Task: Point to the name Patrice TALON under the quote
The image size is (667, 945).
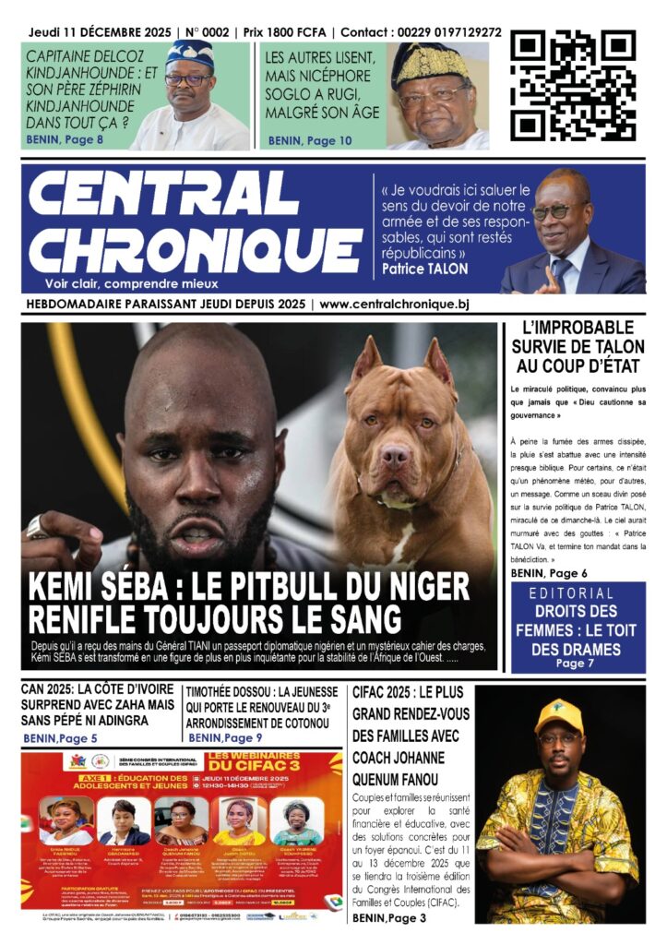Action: pos(424,269)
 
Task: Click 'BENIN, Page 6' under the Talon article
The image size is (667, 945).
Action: pos(549,573)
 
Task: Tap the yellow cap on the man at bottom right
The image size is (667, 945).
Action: pos(559,713)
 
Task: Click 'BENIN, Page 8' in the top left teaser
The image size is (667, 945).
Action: pos(64,139)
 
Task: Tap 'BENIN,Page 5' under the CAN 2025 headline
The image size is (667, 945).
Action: pos(61,738)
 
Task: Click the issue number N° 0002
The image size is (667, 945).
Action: pos(208,32)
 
